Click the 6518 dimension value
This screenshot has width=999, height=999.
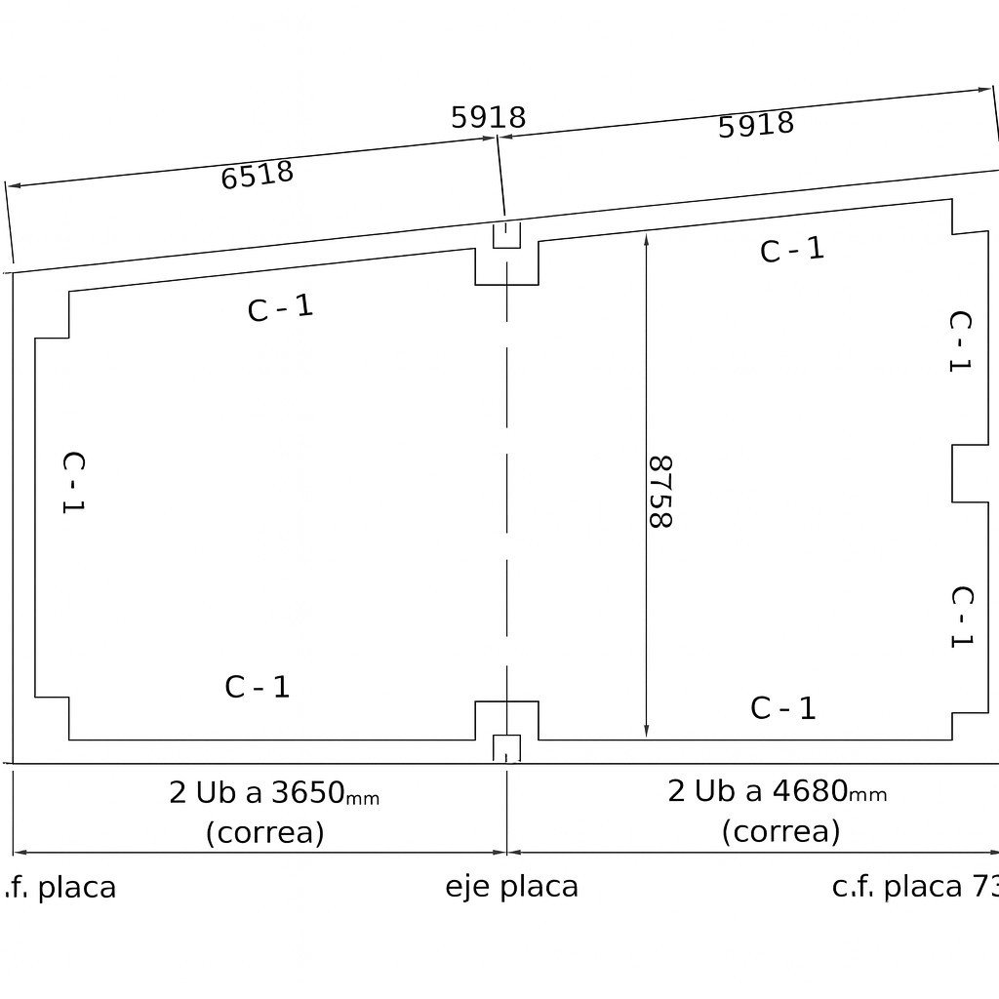258,175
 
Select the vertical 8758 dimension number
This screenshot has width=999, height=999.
660,492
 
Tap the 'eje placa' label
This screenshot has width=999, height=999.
511,887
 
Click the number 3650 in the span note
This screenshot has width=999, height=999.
308,792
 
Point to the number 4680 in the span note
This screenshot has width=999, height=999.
810,790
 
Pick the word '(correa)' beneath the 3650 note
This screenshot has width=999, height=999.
265,832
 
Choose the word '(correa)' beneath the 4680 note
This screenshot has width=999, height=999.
781,831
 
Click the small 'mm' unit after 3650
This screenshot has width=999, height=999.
363,798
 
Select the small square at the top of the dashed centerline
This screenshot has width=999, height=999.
507,234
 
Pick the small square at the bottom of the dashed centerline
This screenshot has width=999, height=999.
507,748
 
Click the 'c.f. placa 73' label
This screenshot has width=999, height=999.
915,887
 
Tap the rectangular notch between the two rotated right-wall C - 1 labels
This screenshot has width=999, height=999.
971,473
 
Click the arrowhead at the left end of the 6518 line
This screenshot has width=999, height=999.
14,185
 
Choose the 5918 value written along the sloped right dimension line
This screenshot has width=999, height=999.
756,124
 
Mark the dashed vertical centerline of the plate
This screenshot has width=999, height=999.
507,497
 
